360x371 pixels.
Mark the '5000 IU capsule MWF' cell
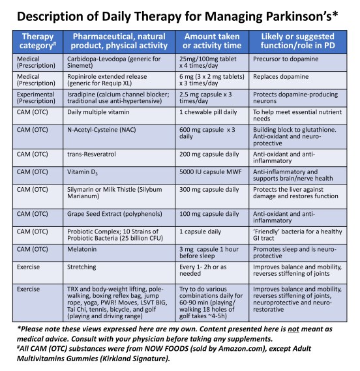pos(212,171)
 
